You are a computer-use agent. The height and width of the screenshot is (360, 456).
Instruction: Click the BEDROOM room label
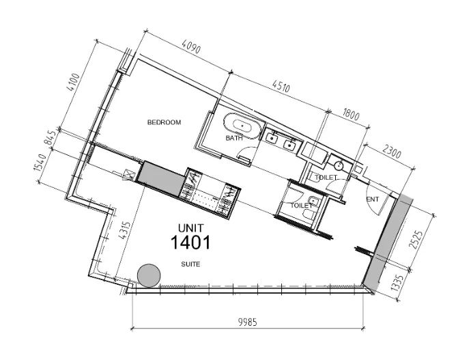164,122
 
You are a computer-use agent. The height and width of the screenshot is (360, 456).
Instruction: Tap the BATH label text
234,138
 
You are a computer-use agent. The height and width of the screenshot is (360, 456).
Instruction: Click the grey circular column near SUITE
149,275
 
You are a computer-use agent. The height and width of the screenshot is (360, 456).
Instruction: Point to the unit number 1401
190,243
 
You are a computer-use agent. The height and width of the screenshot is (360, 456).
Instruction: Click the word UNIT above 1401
191,228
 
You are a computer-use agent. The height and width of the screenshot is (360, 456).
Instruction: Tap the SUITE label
190,264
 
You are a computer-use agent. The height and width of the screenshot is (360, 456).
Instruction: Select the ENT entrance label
373,199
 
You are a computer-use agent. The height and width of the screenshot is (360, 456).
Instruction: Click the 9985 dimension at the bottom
248,322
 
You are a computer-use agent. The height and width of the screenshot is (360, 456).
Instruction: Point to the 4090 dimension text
191,46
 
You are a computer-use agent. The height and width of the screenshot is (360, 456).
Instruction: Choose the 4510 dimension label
281,86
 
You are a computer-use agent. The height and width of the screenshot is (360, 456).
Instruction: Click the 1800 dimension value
351,114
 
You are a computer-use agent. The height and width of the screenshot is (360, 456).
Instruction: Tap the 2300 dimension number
391,152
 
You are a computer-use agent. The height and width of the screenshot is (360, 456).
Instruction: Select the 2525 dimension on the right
415,240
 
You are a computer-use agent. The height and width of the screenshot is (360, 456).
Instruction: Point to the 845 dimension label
49,138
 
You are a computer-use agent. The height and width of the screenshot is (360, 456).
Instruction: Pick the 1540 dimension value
40,163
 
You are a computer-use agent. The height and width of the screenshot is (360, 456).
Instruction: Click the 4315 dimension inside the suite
124,230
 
